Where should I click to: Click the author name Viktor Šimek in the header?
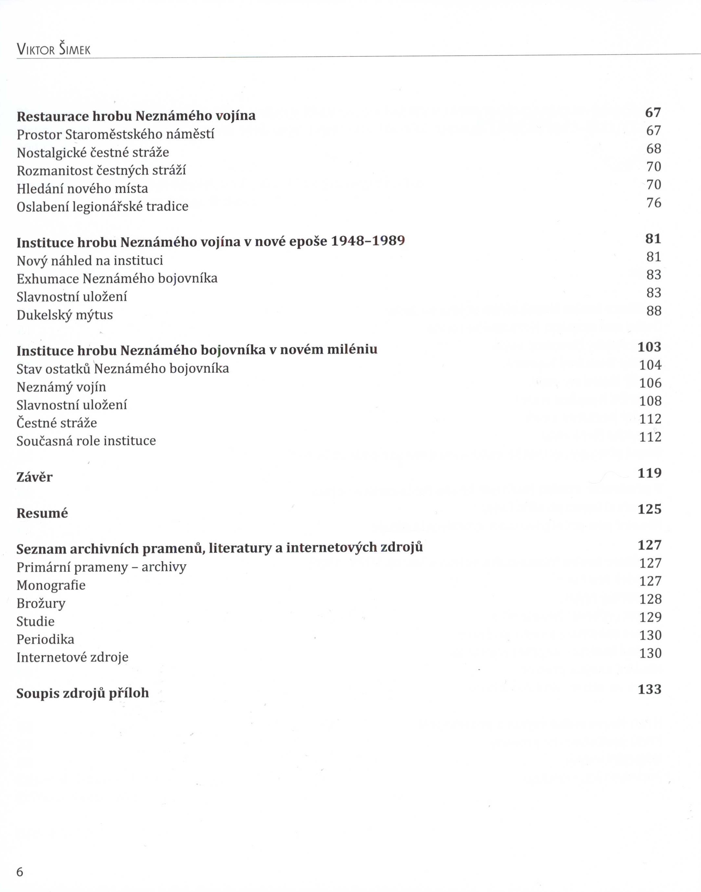point(53,50)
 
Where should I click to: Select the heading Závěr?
point(35,477)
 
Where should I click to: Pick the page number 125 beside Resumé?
point(649,510)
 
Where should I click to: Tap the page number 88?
point(654,311)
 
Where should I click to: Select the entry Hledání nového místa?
point(82,189)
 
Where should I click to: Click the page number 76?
point(654,203)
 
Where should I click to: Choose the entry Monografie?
point(51,585)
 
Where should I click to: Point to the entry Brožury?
point(41,603)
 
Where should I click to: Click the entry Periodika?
point(45,640)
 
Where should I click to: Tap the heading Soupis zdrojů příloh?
point(83,693)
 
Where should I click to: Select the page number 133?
point(649,689)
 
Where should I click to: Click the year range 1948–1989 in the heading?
point(368,241)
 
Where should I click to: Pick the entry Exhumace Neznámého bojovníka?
point(117,279)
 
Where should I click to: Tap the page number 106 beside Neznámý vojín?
point(650,383)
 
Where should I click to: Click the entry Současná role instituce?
point(86,441)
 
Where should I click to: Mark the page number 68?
point(654,149)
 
